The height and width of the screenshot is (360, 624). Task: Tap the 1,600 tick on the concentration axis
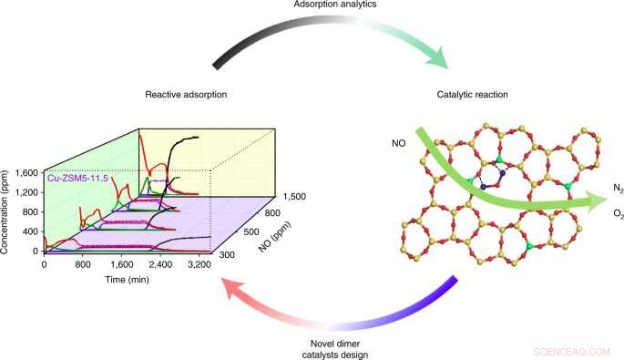tap(25, 171)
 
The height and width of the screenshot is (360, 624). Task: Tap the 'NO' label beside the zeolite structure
tap(398, 143)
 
